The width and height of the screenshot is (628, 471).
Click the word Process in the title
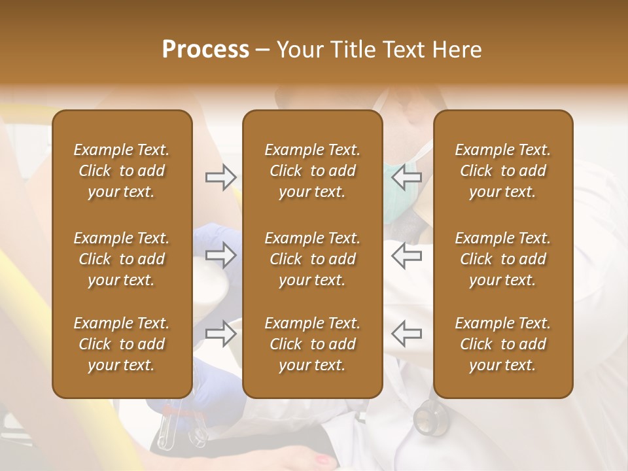pyautogui.click(x=205, y=50)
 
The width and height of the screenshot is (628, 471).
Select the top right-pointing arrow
pyautogui.click(x=220, y=177)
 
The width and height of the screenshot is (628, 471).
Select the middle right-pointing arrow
pyautogui.click(x=220, y=256)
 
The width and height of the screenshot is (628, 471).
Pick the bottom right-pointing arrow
pyautogui.click(x=220, y=334)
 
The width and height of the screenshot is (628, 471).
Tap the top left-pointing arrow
pyautogui.click(x=407, y=177)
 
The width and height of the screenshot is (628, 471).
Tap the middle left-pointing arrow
pyautogui.click(x=407, y=256)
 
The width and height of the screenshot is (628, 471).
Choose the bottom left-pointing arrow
pyautogui.click(x=407, y=334)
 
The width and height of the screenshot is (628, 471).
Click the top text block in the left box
pyautogui.click(x=122, y=171)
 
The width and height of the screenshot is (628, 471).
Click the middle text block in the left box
pyautogui.click(x=122, y=259)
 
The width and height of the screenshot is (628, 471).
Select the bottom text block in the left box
pyautogui.click(x=122, y=344)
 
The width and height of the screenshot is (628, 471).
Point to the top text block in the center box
pyautogui.click(x=312, y=171)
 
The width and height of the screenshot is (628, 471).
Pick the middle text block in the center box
pyautogui.click(x=312, y=259)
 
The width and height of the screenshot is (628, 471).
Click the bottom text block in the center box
pyautogui.click(x=312, y=344)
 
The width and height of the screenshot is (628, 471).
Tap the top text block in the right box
pyautogui.click(x=502, y=171)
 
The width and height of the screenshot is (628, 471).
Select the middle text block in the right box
pyautogui.click(x=502, y=259)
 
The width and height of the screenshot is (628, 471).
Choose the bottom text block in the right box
pyautogui.click(x=502, y=344)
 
